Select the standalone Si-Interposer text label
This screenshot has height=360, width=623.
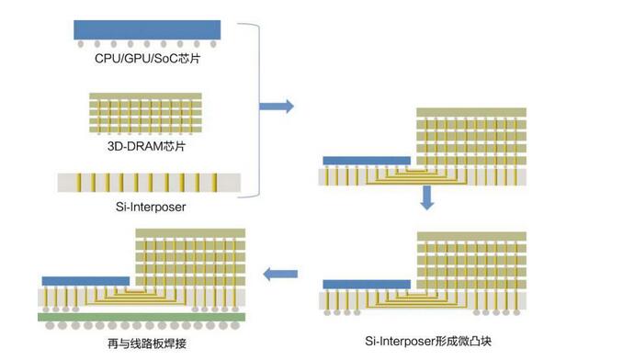point(148,207)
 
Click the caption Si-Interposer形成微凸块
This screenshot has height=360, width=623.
point(424,340)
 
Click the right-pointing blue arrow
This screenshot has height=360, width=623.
point(277,107)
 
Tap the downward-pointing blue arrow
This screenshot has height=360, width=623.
point(426,197)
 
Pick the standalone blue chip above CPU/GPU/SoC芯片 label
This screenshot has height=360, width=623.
point(147,30)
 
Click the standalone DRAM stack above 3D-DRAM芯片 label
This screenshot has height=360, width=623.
point(147,114)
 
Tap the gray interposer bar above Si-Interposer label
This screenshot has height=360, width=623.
point(147,182)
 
